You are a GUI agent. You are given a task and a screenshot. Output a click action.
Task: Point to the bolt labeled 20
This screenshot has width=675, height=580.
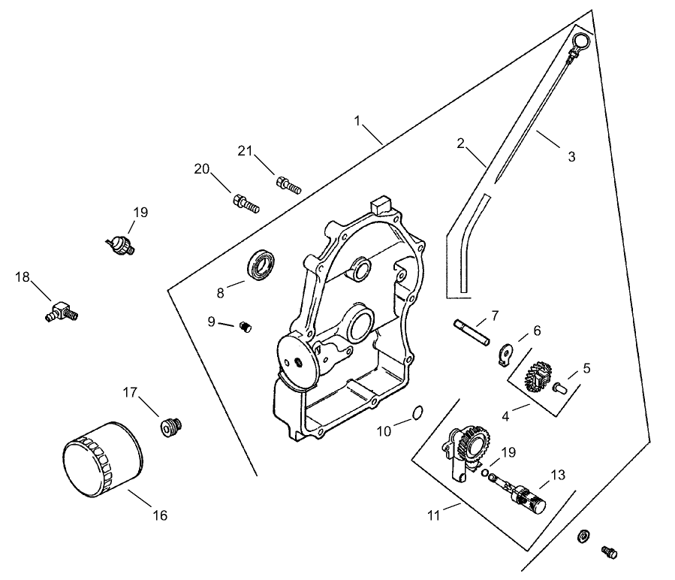pos(245,201)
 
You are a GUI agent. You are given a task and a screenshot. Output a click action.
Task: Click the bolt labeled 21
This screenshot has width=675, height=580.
pos(288,184)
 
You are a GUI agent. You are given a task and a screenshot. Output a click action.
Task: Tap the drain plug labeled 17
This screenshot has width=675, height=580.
pos(170,426)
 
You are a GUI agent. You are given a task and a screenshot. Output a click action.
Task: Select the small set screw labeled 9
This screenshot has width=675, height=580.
pos(245,325)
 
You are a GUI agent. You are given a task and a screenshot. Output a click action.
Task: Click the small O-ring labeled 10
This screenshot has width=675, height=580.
pos(419,412)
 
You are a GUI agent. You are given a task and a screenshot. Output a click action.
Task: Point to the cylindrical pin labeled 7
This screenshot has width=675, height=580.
pos(472,331)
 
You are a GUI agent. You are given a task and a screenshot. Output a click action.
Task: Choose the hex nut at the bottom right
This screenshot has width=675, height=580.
pos(583,536)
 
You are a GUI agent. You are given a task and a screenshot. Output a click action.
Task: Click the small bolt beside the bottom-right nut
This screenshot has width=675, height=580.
pos(609,553)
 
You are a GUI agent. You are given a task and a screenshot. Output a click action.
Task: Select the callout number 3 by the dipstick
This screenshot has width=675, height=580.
pos(571,157)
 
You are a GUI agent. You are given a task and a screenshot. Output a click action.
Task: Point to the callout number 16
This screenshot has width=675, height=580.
pos(160,515)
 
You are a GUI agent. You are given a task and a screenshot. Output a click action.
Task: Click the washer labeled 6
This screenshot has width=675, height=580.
pos(505,352)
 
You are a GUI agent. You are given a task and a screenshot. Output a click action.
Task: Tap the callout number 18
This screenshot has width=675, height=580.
pos(23,277)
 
